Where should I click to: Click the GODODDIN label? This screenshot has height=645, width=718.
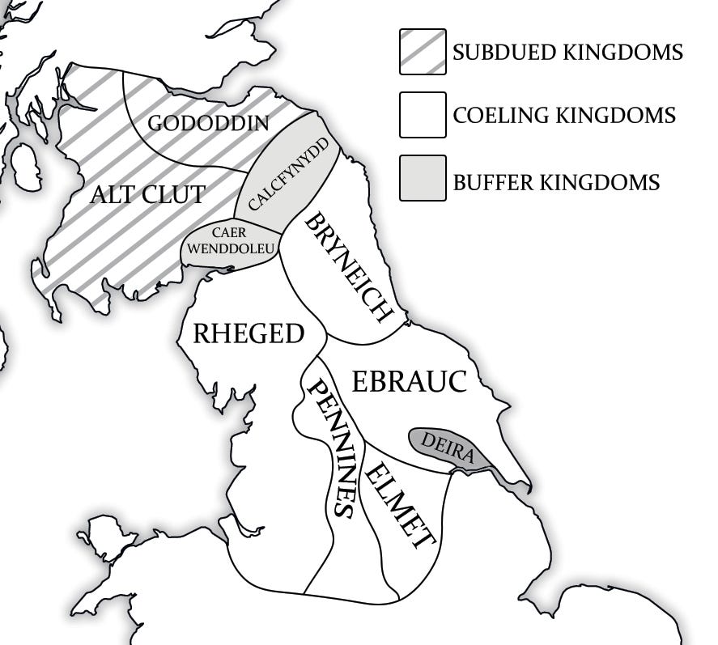(208, 123)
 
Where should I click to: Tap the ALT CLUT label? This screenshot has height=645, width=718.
(147, 194)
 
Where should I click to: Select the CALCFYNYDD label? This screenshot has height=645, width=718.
(288, 174)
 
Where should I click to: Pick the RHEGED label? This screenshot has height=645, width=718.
(248, 333)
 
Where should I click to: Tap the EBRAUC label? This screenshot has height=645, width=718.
(409, 380)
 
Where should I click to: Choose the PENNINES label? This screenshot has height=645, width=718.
(329, 448)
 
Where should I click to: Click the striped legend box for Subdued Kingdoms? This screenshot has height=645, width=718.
(423, 52)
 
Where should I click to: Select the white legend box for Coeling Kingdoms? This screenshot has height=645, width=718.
(423, 115)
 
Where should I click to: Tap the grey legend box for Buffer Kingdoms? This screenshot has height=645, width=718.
(423, 178)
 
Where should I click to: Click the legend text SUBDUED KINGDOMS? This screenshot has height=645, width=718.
(567, 53)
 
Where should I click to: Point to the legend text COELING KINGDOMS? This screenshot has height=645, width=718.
(564, 116)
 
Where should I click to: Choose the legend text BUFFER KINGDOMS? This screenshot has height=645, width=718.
(556, 181)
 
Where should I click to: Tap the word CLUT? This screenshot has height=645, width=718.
(176, 194)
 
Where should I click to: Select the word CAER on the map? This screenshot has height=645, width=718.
(229, 233)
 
